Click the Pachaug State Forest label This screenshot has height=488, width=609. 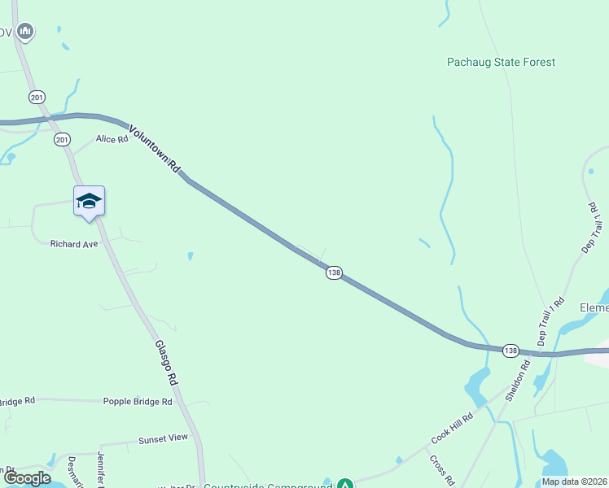(x=501, y=62)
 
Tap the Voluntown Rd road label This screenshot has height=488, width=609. (x=154, y=147)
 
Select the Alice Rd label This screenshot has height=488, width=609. (x=112, y=139)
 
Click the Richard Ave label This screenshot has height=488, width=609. (x=74, y=244)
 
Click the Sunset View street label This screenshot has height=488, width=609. (x=163, y=438)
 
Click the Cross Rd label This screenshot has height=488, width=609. (x=443, y=469)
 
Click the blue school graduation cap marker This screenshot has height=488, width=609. (x=89, y=201)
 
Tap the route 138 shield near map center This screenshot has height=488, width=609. (x=334, y=272)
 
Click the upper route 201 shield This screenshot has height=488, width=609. (x=37, y=98)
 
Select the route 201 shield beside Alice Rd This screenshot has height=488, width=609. (x=63, y=140)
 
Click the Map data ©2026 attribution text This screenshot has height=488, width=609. (x=573, y=481)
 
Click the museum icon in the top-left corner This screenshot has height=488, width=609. (x=25, y=32)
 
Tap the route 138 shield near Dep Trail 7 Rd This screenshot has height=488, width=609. (x=510, y=350)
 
